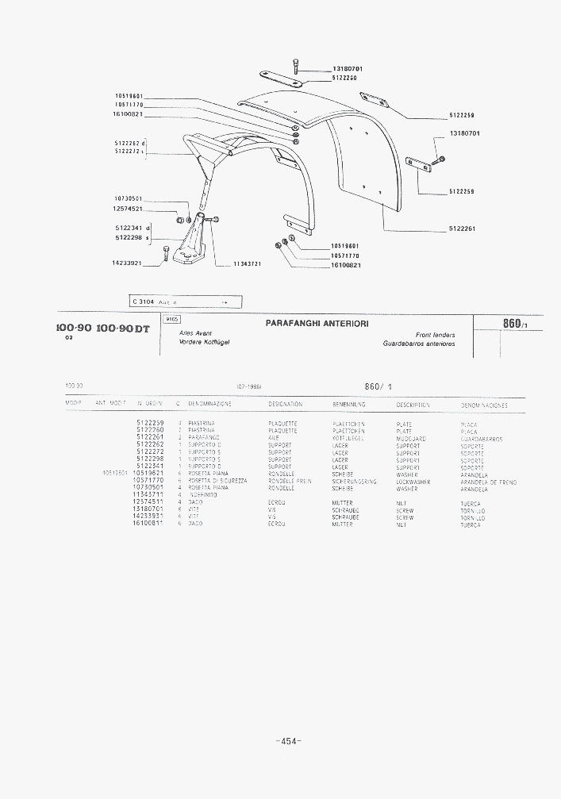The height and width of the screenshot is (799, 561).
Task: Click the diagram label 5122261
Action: click(462, 229)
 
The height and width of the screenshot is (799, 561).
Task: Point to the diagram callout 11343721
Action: click(248, 263)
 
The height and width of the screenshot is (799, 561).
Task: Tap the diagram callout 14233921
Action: click(127, 263)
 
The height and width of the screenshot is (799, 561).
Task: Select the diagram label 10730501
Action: click(127, 198)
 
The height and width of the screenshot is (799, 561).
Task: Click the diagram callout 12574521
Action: click(127, 209)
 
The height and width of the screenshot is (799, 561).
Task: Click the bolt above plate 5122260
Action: click(295, 66)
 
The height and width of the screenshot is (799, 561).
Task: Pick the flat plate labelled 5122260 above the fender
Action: click(282, 79)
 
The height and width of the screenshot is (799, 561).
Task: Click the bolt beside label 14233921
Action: click(165, 254)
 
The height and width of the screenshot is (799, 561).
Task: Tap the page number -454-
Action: click(288, 741)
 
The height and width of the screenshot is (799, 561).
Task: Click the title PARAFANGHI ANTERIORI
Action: click(316, 323)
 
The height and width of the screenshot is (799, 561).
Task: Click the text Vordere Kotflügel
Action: click(205, 342)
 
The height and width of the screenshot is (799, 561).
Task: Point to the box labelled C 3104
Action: click(184, 302)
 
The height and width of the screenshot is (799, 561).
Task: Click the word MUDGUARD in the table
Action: click(410, 438)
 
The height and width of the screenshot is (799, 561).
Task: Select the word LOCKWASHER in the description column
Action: click(413, 482)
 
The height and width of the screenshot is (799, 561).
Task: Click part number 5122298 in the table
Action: click(150, 459)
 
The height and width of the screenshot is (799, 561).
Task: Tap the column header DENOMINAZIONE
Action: click(210, 405)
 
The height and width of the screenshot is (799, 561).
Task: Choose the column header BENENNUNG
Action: click(348, 405)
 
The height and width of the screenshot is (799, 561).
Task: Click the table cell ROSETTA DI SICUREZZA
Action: click(217, 481)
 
